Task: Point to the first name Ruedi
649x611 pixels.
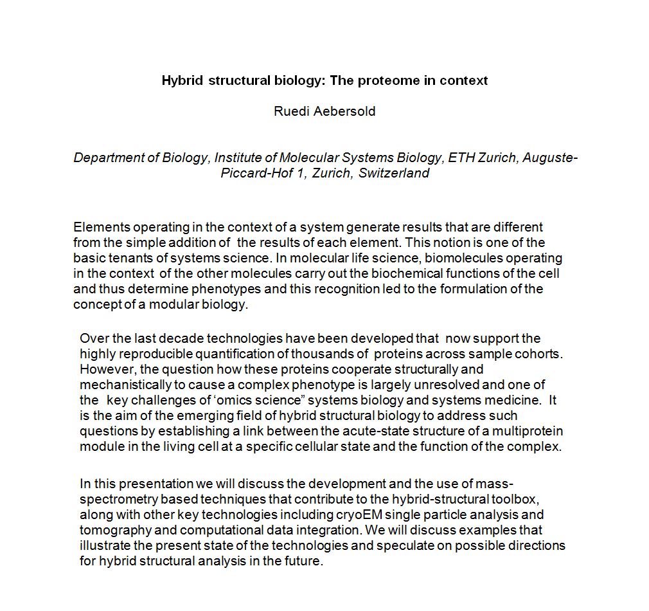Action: (x=289, y=111)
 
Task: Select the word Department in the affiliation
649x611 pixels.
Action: (x=106, y=158)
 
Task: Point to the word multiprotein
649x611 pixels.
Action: (x=527, y=431)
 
